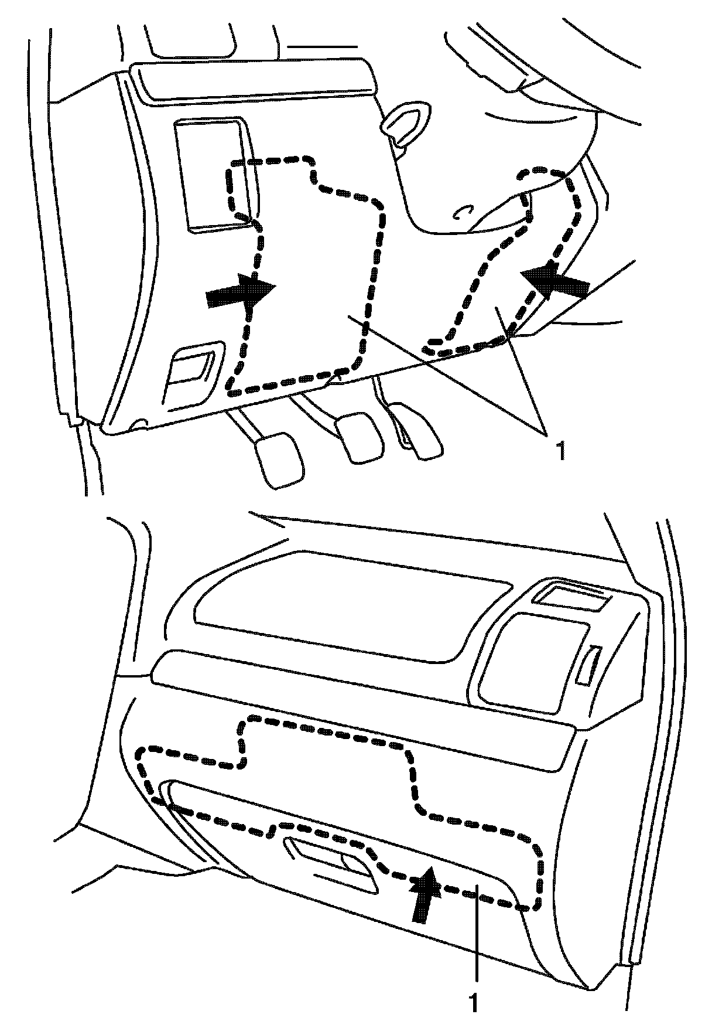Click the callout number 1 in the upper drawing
[560, 451]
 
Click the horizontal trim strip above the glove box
[363, 703]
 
